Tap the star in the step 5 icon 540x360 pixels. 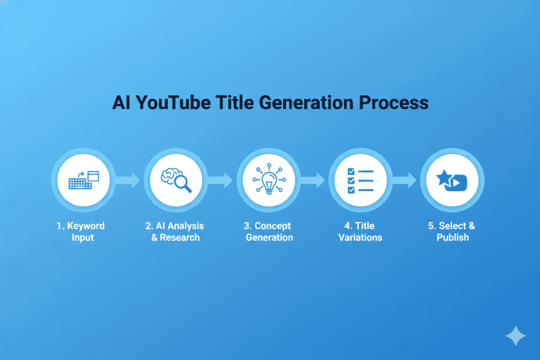tap(444, 178)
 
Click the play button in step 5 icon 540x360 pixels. tap(458, 183)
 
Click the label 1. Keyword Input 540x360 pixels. tap(81, 231)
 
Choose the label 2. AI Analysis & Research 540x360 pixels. tap(175, 231)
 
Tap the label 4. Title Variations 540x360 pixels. tap(361, 231)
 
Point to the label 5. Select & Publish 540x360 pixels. tap(452, 231)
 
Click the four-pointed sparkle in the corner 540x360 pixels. tap(515, 335)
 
